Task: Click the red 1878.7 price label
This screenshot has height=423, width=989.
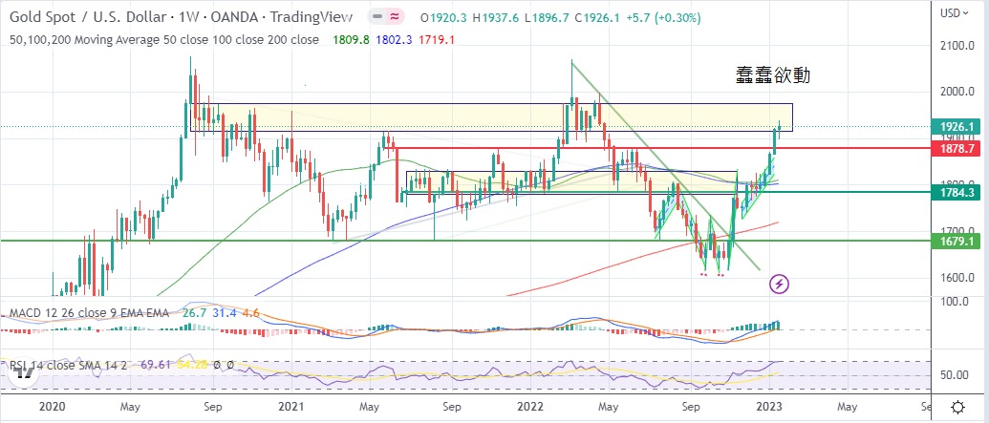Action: point(956,149)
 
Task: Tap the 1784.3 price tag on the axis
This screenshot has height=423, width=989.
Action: point(956,192)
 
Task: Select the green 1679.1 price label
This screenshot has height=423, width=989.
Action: point(956,242)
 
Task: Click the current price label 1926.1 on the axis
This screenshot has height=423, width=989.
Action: point(956,127)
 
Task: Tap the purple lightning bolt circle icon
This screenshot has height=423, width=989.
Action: point(780,284)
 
